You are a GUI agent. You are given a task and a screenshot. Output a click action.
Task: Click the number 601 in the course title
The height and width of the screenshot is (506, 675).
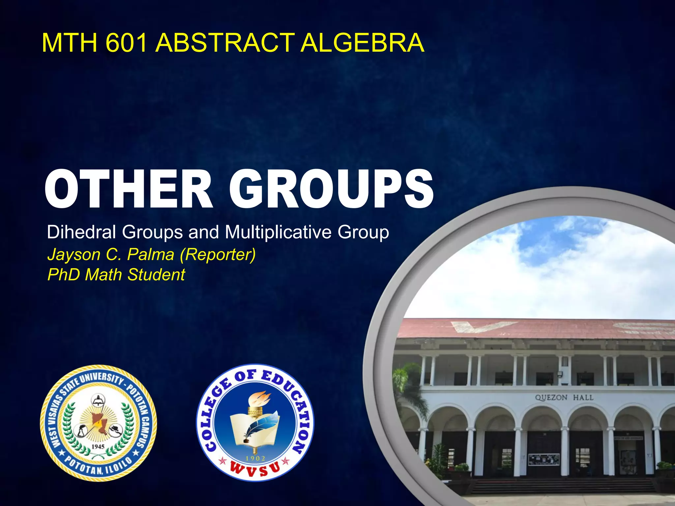126,43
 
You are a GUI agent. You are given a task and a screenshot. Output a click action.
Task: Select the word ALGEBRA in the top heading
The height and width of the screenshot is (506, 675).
362,43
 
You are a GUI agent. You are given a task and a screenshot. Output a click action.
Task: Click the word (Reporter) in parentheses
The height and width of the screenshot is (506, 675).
218,255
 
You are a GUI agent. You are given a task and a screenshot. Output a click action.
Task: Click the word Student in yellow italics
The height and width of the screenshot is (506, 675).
156,274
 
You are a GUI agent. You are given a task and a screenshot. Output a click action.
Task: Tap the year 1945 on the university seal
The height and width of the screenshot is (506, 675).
98,447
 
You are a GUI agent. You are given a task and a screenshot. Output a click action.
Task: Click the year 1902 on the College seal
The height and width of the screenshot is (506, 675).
255,458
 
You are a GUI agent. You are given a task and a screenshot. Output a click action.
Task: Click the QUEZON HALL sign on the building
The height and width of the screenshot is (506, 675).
564,398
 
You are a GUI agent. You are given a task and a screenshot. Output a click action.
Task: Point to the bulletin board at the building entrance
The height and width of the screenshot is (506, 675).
543,459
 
